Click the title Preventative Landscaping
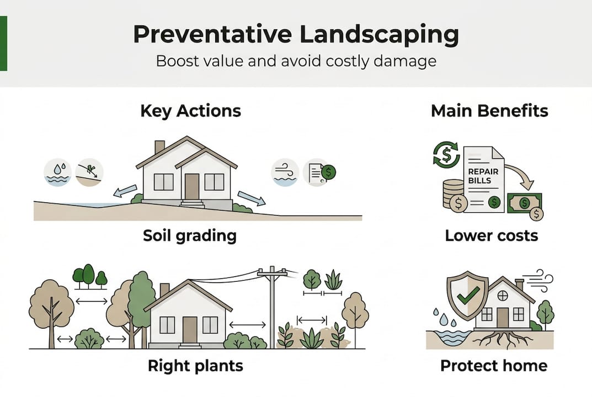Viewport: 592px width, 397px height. click(x=296, y=34)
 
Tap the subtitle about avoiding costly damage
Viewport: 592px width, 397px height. click(x=296, y=60)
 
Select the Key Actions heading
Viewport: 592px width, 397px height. click(x=190, y=111)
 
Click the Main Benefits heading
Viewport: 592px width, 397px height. click(x=489, y=111)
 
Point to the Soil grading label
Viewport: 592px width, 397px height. click(x=189, y=236)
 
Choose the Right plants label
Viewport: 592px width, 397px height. click(x=195, y=366)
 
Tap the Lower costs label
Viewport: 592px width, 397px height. click(x=491, y=236)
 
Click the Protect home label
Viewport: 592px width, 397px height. click(x=493, y=366)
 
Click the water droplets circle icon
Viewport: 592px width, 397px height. click(x=57, y=172)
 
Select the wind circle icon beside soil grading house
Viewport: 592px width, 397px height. click(x=285, y=172)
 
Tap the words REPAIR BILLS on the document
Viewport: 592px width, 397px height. click(x=483, y=176)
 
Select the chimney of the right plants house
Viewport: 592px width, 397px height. click(x=164, y=290)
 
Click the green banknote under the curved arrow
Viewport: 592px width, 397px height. click(x=524, y=203)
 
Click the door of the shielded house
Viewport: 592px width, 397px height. click(x=502, y=318)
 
